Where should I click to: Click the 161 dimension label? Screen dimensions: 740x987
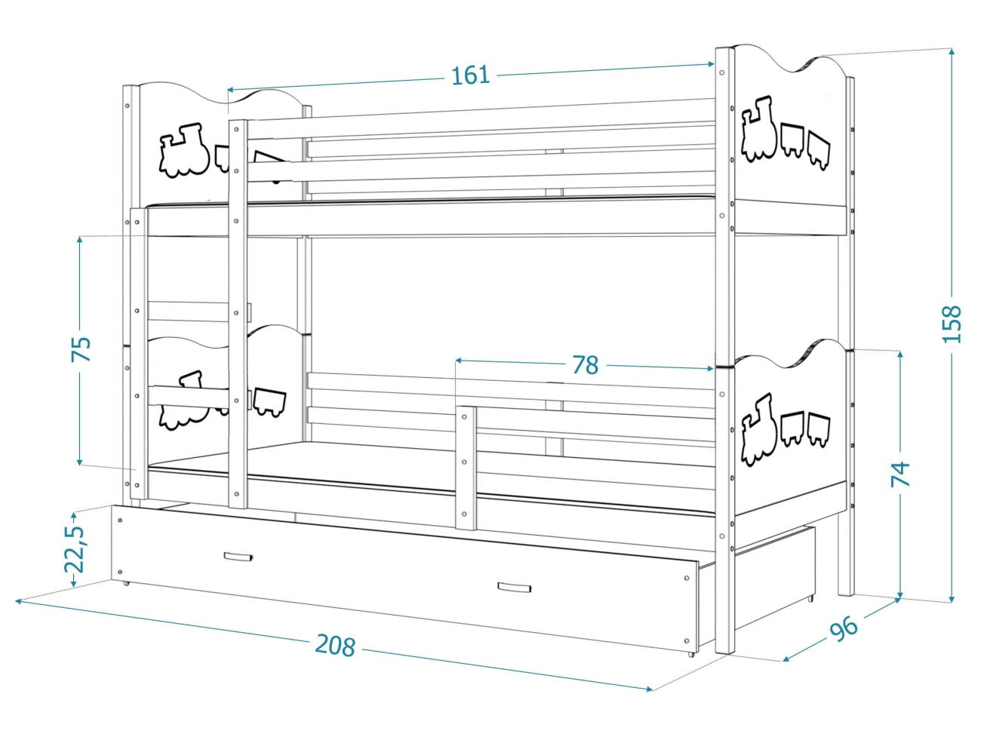point(470,75)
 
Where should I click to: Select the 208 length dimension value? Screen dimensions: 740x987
point(335,645)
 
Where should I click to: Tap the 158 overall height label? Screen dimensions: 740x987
point(952,324)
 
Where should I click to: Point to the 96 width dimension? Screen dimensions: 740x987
point(844,628)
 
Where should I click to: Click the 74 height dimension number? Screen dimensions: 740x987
point(900,474)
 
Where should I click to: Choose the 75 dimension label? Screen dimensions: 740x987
point(81,349)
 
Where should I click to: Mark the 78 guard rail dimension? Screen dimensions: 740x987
point(585,365)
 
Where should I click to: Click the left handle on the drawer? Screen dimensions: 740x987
point(238,557)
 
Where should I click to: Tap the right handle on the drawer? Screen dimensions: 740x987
point(514,588)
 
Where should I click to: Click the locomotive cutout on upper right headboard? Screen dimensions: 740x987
point(758,130)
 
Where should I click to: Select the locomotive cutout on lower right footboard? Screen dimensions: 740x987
point(758,429)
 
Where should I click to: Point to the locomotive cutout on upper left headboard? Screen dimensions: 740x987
point(183,151)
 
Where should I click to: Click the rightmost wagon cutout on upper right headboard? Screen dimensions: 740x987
point(819,149)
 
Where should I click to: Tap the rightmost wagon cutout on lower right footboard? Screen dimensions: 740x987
point(819,429)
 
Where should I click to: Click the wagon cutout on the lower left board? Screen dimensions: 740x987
point(269,401)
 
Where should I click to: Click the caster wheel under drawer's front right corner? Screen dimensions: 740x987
point(690,653)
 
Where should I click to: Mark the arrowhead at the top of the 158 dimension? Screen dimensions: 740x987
point(952,52)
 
